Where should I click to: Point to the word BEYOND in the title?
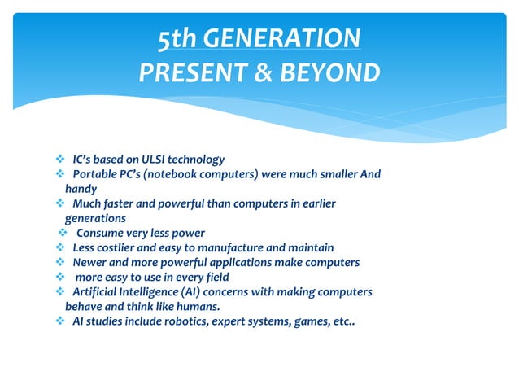pos(330,73)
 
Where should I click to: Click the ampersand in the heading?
pos(264,73)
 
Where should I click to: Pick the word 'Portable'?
pos(94,174)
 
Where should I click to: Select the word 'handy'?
pos(81,189)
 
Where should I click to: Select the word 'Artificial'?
pos(97,291)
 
